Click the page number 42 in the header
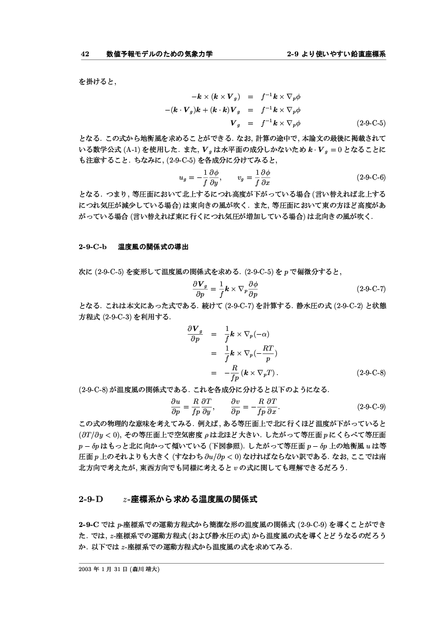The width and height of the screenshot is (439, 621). coord(84,54)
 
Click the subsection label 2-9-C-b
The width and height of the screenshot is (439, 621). coord(93,247)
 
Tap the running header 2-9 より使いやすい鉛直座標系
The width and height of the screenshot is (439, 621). coord(336,54)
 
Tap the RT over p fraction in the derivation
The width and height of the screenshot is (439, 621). coord(268,352)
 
